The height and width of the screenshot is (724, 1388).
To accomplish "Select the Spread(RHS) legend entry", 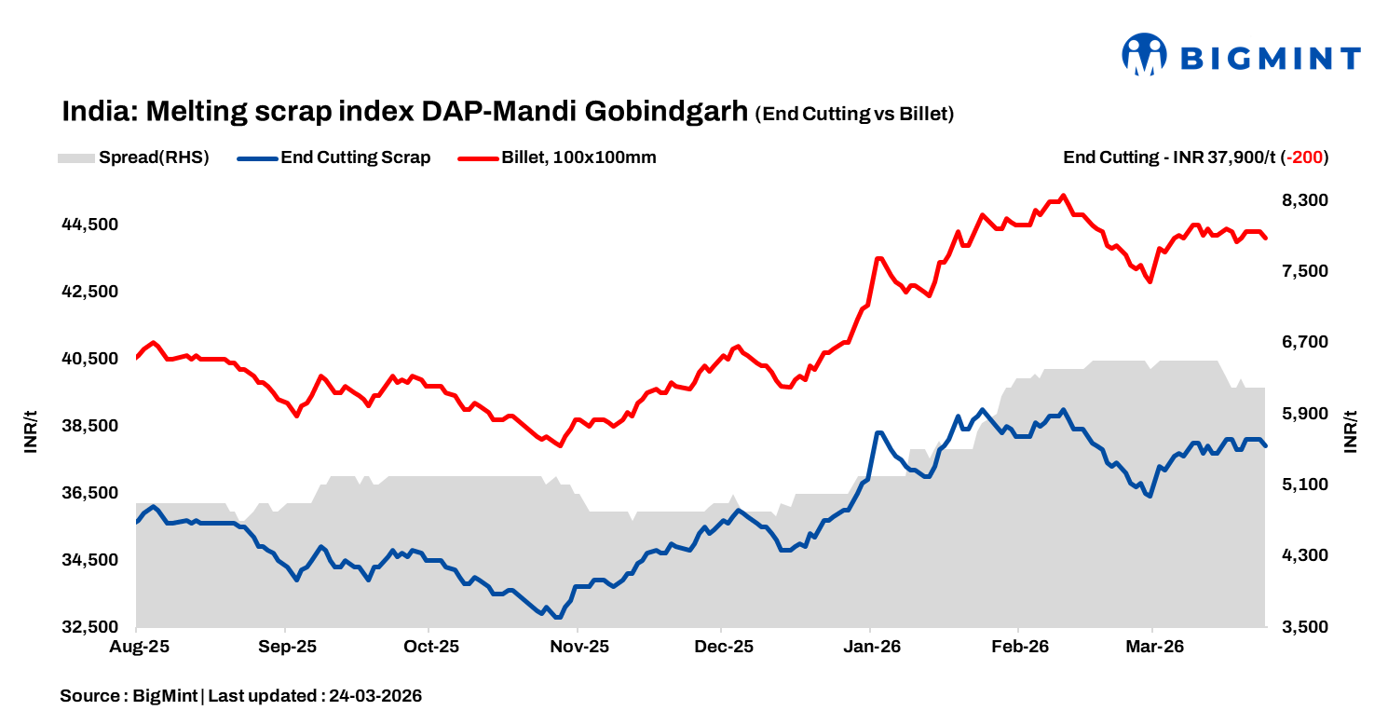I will [x=134, y=157].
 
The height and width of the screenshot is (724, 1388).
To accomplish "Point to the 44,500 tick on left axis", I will [x=90, y=225].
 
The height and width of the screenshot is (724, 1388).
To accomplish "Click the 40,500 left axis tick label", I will [x=90, y=359].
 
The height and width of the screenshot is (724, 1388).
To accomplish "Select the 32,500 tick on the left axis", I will [x=90, y=627].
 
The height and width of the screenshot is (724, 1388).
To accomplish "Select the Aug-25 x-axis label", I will [x=137, y=647].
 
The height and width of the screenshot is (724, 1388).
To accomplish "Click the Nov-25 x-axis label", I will [x=578, y=647].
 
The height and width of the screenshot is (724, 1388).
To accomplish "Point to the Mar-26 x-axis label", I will [x=1153, y=647].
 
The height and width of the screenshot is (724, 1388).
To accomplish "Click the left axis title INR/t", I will [x=31, y=431].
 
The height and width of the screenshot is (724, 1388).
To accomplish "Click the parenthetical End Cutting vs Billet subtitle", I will [x=854, y=114].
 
